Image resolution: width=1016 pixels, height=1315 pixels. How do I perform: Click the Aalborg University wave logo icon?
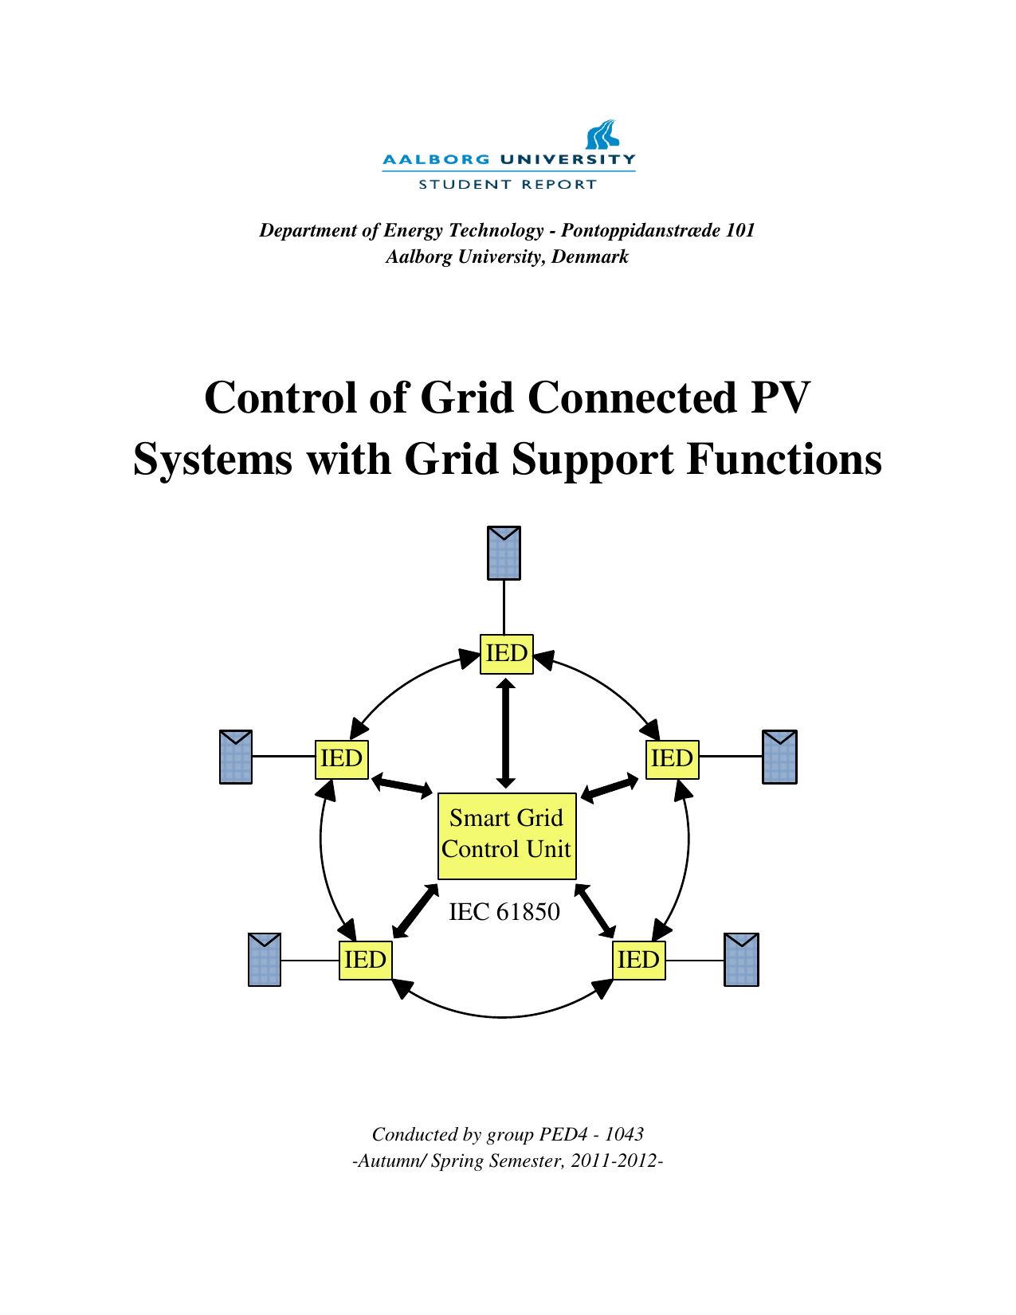tap(602, 135)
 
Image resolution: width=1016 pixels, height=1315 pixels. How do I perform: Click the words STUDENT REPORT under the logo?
tap(508, 185)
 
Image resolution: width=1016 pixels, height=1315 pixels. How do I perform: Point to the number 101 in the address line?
tap(740, 231)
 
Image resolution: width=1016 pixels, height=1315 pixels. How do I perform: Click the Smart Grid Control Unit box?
tap(507, 836)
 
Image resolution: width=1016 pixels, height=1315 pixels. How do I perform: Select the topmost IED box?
tap(507, 654)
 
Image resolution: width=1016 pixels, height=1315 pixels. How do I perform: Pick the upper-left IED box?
tap(342, 759)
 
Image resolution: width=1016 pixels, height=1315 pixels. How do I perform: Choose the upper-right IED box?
tap(672, 759)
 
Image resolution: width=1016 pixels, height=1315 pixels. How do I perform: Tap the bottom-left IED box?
tap(365, 960)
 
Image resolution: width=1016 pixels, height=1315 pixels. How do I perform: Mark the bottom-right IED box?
tap(638, 960)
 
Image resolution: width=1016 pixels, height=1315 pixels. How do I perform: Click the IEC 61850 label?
tap(504, 912)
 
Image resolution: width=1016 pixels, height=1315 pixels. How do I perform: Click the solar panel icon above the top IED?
tap(504, 553)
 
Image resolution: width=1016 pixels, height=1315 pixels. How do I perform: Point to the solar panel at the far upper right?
tap(779, 757)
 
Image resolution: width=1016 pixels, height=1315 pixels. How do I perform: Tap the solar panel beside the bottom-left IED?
tap(265, 960)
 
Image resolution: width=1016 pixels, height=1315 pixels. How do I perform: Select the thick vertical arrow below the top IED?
tap(505, 733)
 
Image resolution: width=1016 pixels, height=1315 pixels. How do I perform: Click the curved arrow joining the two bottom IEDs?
tap(502, 1016)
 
